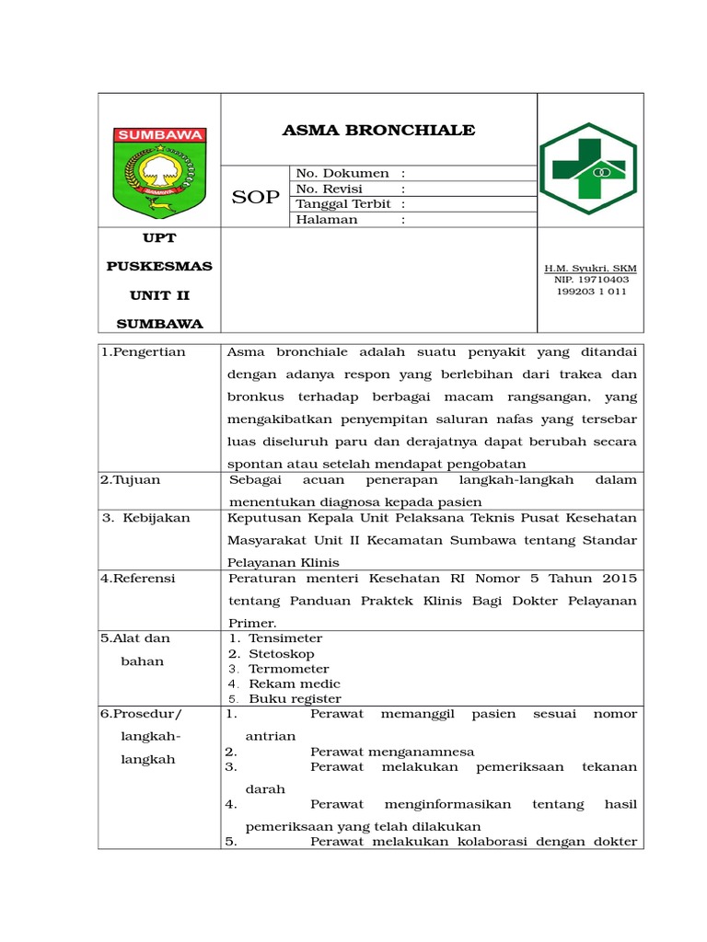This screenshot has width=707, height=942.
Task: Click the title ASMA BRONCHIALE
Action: pos(378,130)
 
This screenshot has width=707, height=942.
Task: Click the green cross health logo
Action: pos(587,168)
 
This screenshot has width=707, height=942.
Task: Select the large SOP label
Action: pos(255,197)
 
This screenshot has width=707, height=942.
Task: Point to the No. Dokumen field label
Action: pos(342,174)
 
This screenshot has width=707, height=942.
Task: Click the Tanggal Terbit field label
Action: pos(342,204)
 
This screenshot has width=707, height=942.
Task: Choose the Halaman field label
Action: pos(327,220)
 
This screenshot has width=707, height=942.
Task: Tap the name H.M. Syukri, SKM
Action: pos(590,269)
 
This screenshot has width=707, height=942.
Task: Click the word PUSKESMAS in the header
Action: pos(159,266)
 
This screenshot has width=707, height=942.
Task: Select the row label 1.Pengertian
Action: pos(144,351)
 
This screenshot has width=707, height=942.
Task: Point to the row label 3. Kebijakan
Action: pos(146,518)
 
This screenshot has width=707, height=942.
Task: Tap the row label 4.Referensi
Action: pos(138,579)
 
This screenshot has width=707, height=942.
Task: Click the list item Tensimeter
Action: pos(285,638)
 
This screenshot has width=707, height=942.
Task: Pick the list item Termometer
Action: pos(288,669)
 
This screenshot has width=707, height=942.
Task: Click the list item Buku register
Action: pos(294,698)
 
